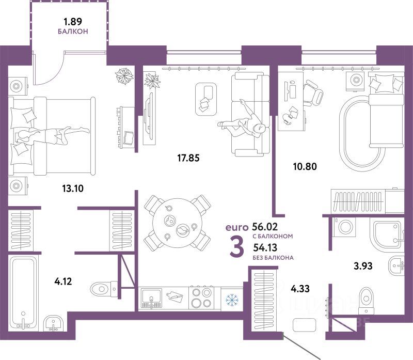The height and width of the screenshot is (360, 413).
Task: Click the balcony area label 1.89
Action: pyautogui.click(x=72, y=22)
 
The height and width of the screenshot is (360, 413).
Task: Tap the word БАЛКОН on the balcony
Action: pyautogui.click(x=72, y=32)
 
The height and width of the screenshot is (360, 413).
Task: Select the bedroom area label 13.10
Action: pyautogui.click(x=71, y=189)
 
